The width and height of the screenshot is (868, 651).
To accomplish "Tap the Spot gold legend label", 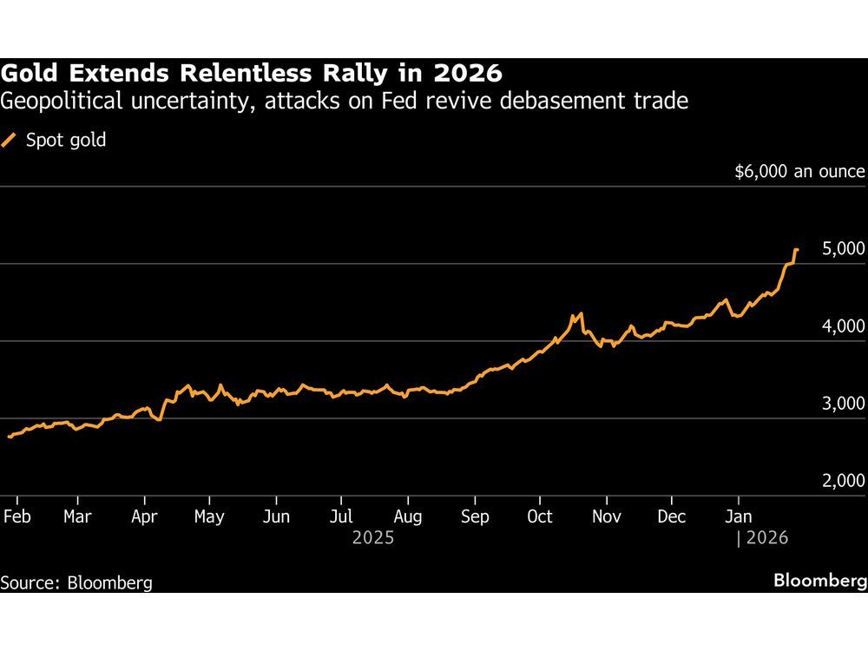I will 67,140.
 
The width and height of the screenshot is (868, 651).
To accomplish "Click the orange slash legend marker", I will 10,140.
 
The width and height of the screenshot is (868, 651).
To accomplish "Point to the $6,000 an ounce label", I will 799,172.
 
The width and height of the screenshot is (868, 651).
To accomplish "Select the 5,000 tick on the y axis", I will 844,249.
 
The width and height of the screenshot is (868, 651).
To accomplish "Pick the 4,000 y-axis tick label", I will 844,326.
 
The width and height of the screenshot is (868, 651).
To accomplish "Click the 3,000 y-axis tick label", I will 844,404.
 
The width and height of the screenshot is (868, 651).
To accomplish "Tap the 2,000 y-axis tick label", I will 844,482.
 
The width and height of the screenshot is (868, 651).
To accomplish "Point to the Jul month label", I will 340,516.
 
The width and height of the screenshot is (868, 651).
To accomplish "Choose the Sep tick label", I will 475,516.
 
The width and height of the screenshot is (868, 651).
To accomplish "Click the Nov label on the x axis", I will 607,516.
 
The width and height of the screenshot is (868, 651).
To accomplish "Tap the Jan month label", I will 739,516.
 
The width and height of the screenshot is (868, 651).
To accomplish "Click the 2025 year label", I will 373,538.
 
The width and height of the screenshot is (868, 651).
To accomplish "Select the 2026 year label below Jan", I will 766,538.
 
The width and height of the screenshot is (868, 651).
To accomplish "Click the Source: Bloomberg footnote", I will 76,582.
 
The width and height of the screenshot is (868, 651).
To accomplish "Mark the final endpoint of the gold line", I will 797,251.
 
